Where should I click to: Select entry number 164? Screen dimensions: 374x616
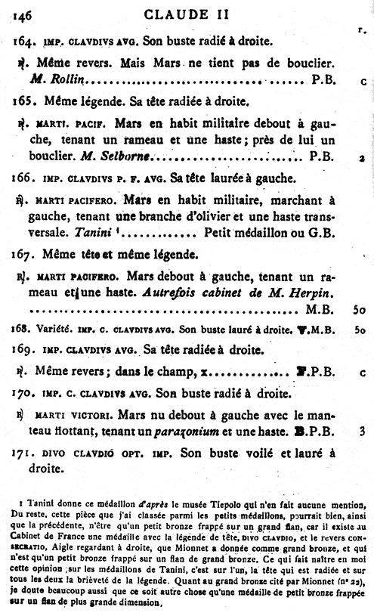(x=23, y=39)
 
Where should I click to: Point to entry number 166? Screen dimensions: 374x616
(x=24, y=179)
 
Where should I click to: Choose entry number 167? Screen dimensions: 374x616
(x=24, y=252)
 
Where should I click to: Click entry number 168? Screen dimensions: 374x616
(x=22, y=330)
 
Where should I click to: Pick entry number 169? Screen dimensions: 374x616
(x=24, y=350)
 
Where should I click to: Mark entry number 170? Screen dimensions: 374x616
(x=24, y=393)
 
